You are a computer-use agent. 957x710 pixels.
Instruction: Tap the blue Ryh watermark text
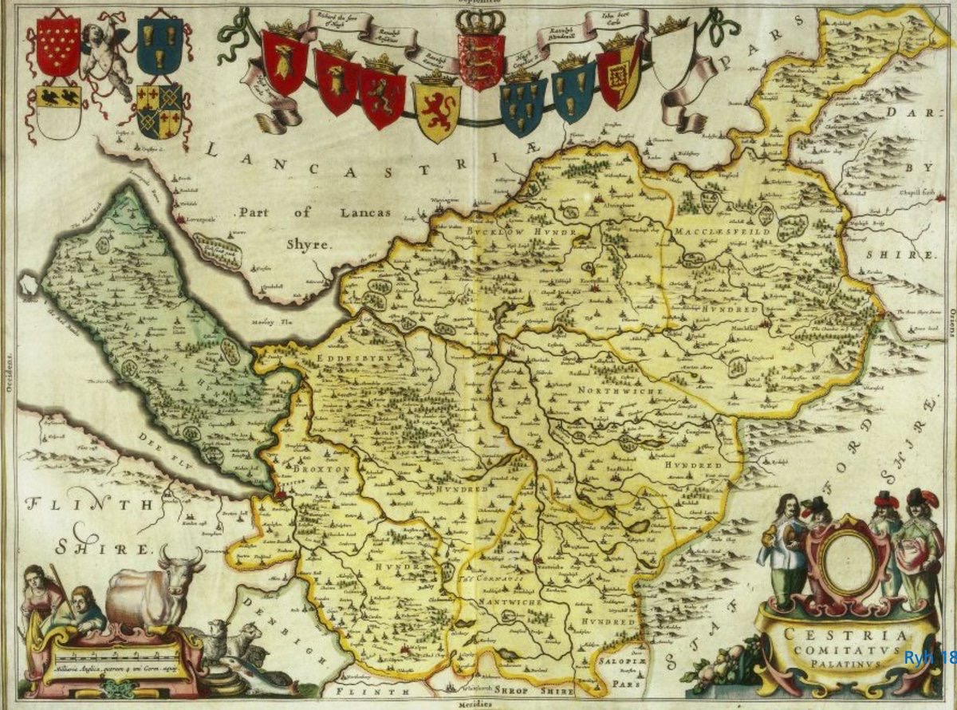click(928, 657)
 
